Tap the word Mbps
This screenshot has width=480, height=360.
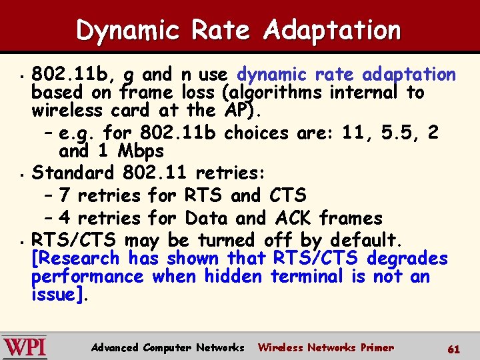(x=137, y=151)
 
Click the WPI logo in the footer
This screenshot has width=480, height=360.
(x=25, y=347)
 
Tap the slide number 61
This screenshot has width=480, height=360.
(x=454, y=348)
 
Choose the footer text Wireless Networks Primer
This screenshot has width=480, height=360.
(x=325, y=347)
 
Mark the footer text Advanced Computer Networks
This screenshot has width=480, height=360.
(x=167, y=347)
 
